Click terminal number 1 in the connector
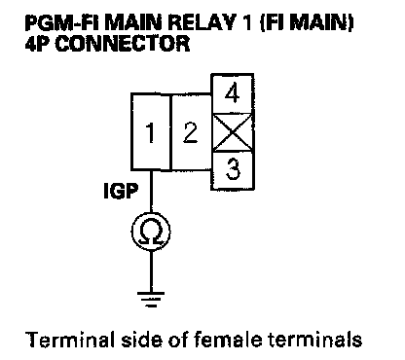[151, 132]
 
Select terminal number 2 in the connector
[191, 132]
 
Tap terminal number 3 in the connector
[233, 170]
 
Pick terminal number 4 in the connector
[233, 93]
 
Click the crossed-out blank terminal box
[233, 132]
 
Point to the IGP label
[121, 191]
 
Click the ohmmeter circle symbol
[151, 232]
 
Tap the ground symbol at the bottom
[151, 299]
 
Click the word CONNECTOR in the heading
[123, 44]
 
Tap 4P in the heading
[38, 44]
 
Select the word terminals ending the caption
[314, 340]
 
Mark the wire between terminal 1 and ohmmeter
[151, 192]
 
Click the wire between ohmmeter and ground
[151, 271]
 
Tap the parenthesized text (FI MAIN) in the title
[308, 22]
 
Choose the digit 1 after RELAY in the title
[248, 22]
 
